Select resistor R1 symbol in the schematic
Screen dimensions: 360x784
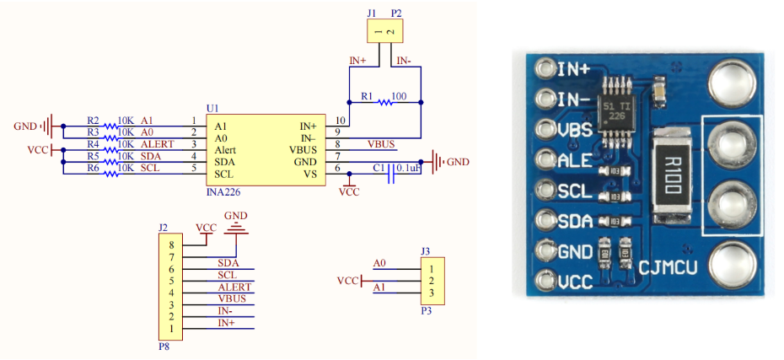pyautogui.click(x=384, y=103)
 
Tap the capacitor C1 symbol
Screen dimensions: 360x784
pyautogui.click(x=391, y=175)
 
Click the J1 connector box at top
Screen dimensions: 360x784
pyautogui.click(x=384, y=31)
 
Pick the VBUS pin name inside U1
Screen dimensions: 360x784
pyautogui.click(x=301, y=149)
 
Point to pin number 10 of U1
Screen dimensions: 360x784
pyautogui.click(x=340, y=120)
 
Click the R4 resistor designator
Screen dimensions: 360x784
pyautogui.click(x=93, y=144)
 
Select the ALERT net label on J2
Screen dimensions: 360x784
pyautogui.click(x=234, y=287)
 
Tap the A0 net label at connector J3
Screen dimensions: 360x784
pyautogui.click(x=380, y=264)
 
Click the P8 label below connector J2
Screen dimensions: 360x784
pyautogui.click(x=164, y=345)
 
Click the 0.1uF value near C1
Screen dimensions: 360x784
pyautogui.click(x=409, y=167)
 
